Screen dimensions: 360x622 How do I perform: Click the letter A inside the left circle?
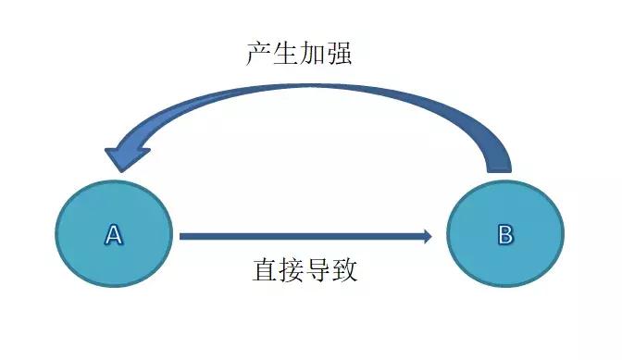point(113,234)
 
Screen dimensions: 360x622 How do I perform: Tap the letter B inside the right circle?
point(505,234)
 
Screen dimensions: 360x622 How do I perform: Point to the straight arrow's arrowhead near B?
point(427,236)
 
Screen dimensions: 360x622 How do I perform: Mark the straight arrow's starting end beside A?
point(183,236)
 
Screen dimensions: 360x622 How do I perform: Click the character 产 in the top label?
point(259,53)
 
